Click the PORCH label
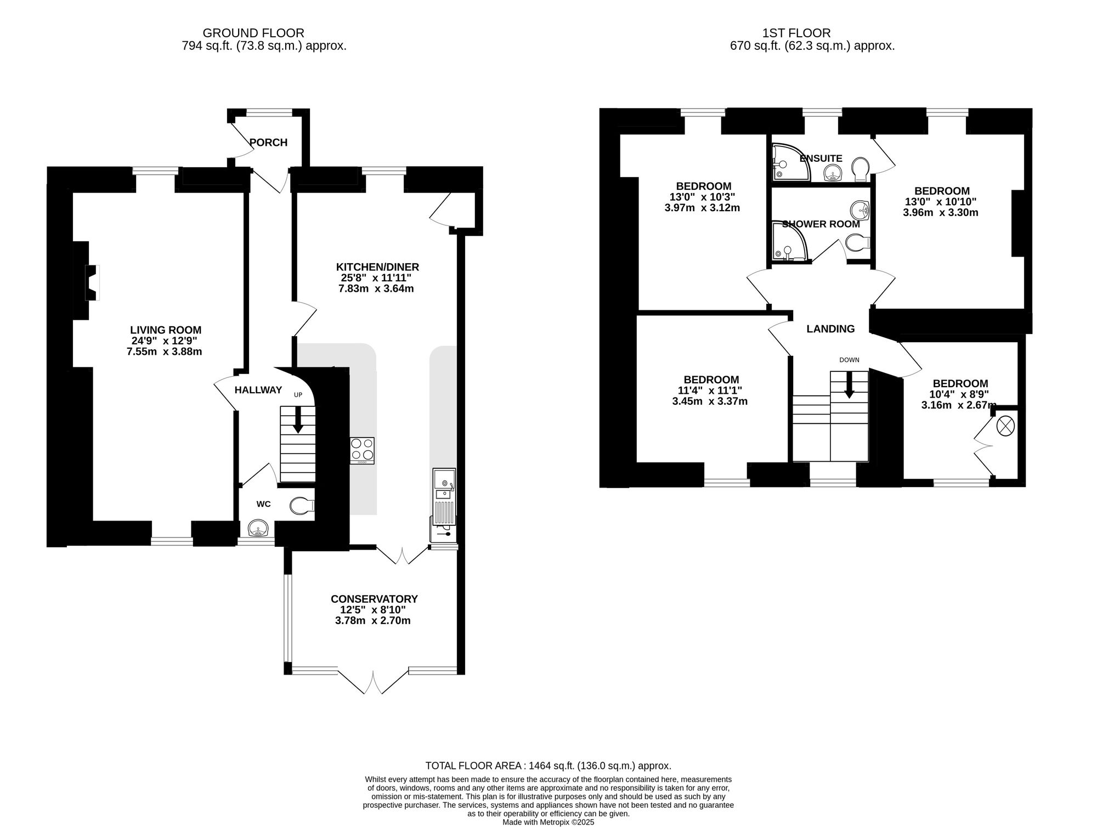coord(268,143)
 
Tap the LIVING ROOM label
coord(166,330)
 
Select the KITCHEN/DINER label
coord(377,267)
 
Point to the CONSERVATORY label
coord(374,599)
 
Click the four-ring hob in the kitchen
coord(362,451)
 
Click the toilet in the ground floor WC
coord(302,505)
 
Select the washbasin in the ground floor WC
coord(258,529)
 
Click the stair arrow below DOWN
coord(849,384)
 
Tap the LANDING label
coord(830,329)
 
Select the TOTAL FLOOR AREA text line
coord(548,766)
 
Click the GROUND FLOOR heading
coord(253,33)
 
